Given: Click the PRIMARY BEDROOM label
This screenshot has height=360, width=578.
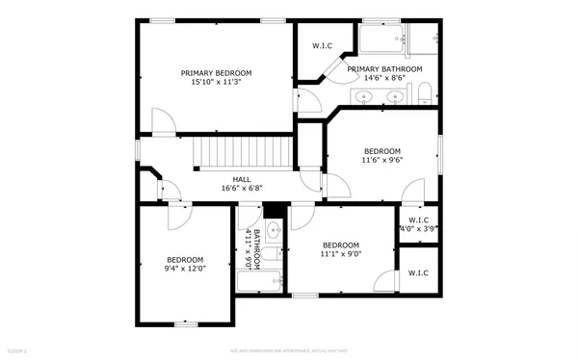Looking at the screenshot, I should (217, 73).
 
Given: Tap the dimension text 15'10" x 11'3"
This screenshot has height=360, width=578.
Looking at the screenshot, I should (217, 83).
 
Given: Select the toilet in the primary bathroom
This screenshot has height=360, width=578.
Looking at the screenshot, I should (424, 93).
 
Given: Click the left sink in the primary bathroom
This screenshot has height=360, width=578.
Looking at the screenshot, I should (365, 96).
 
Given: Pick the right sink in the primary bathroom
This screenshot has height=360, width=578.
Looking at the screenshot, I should (395, 96).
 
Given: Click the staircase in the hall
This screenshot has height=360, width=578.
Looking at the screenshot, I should (244, 152).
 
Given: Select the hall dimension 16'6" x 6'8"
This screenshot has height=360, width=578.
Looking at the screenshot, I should (242, 189).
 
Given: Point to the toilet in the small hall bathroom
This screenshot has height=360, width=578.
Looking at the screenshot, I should (274, 254).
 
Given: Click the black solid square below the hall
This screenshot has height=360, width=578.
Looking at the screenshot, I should (272, 211).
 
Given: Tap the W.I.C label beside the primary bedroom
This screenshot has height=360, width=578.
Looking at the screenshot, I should (322, 46).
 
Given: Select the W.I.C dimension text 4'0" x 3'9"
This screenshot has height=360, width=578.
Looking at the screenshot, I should (419, 229).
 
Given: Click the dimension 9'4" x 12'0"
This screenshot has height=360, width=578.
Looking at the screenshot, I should (185, 269).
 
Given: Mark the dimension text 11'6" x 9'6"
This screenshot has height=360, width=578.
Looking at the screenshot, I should (381, 161).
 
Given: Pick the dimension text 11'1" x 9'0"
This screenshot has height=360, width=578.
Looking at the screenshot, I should (341, 254).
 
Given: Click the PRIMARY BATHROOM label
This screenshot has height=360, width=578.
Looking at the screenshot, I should (384, 69).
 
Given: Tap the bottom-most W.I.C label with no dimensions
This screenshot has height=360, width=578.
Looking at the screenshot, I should (418, 273).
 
